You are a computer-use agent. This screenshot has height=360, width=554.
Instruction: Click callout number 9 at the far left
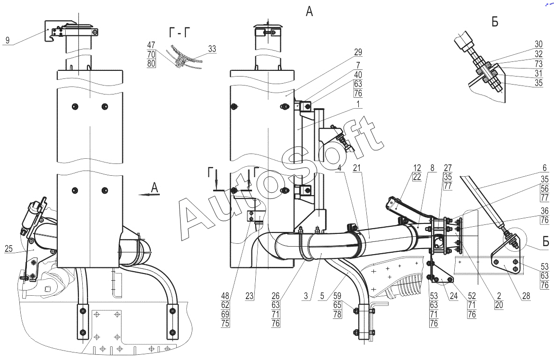coord(8,40)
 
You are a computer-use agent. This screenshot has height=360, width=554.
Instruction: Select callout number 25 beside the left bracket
coord(9,249)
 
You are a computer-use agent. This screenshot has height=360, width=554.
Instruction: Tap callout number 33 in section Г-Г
coord(212,49)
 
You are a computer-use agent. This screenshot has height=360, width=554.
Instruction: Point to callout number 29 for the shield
coord(358,52)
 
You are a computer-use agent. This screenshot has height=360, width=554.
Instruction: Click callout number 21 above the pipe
coord(357,167)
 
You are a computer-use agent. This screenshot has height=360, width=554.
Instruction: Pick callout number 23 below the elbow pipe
coord(250,295)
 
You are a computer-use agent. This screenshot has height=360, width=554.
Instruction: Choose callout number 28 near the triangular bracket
coord(526,295)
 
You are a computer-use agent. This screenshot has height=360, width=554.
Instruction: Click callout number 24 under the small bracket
coord(454,295)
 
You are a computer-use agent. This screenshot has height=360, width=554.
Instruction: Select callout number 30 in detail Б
coord(538,44)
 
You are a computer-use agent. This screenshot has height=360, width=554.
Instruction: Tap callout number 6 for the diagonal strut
coord(545,169)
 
